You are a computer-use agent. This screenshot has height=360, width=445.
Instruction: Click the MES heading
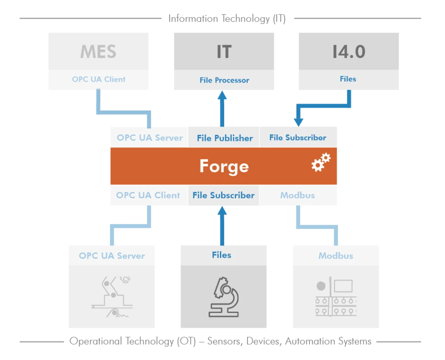[x=98, y=52]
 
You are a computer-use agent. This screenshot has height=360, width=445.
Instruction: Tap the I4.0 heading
[x=349, y=52]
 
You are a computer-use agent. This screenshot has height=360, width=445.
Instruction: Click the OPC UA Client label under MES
[x=99, y=79]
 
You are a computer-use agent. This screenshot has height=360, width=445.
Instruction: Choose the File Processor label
[x=224, y=80]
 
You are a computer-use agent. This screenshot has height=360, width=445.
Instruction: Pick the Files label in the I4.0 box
[x=348, y=79]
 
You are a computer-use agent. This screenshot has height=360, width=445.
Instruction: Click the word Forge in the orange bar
[x=224, y=166]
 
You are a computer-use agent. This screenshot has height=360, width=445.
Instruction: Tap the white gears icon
[x=321, y=162]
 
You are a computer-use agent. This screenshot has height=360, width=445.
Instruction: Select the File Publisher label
[x=225, y=138]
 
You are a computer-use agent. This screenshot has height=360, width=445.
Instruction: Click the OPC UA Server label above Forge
[x=149, y=138]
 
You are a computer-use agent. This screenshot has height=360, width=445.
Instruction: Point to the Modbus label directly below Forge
[x=297, y=195]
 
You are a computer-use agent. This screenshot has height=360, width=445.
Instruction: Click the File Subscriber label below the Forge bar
[x=223, y=195]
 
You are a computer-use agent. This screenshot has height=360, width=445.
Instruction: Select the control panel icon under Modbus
[x=335, y=297]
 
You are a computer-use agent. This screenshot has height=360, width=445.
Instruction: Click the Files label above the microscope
[x=222, y=255]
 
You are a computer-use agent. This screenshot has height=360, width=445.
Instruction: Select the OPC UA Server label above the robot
[x=112, y=256]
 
